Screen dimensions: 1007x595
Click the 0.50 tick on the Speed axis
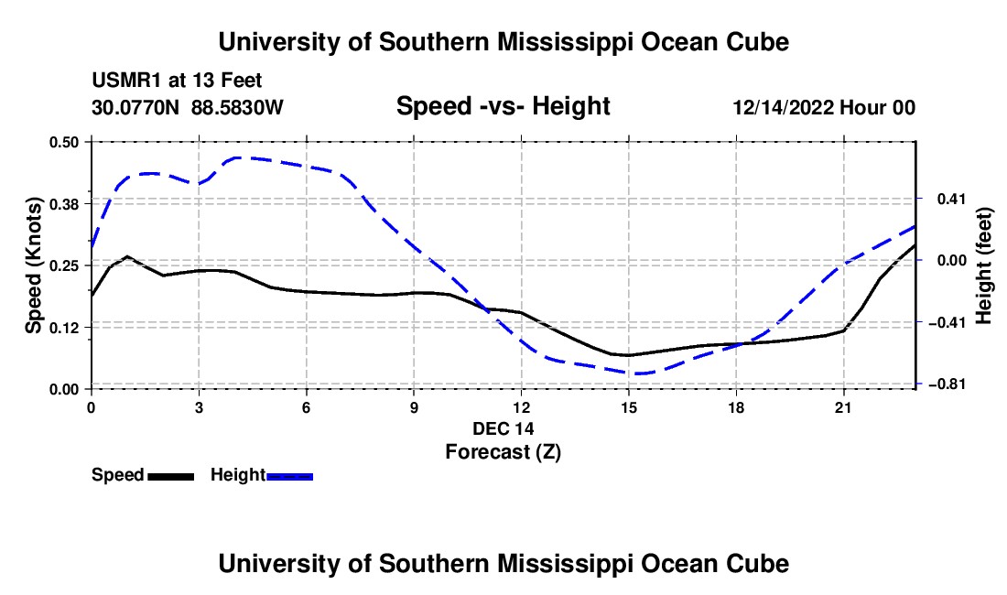point(63,142)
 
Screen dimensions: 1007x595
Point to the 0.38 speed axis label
point(63,204)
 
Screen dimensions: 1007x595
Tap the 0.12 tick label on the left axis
point(63,328)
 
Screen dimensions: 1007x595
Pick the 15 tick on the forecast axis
point(629,407)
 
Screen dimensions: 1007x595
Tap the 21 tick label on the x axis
point(843,407)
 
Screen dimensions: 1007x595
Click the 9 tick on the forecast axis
point(414,407)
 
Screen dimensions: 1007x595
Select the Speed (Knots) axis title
point(33,265)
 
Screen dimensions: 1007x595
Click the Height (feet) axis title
point(983,265)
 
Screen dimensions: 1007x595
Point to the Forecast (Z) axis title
point(503,452)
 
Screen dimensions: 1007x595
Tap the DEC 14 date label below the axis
point(503,428)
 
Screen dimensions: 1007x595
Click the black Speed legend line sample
point(171,477)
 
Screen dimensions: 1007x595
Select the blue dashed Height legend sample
point(289,477)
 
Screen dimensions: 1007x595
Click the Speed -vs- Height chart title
point(503,106)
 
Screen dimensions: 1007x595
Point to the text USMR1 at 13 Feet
point(177,81)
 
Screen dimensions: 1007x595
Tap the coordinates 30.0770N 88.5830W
point(187,107)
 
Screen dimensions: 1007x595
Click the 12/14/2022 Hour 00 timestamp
point(824,107)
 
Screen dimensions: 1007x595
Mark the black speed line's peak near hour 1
point(128,256)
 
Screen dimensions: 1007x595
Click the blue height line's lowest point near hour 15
point(636,373)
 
